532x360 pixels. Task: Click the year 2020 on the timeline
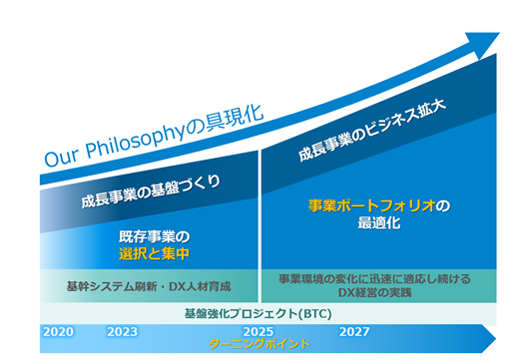point(58,332)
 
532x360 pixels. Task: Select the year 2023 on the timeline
point(122,332)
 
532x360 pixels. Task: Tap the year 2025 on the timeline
point(259,332)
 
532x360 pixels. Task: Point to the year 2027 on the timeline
point(354,332)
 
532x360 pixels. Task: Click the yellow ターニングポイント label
point(260,344)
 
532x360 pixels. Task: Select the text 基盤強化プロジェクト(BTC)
point(259,313)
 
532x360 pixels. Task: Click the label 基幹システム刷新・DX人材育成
point(149,287)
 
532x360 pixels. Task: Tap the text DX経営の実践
point(375,292)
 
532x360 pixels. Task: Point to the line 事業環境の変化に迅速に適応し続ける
point(375,279)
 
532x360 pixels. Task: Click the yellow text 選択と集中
point(155,254)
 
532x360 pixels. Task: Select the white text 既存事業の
point(155,237)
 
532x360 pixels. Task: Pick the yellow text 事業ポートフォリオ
point(372,205)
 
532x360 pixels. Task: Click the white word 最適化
point(379,223)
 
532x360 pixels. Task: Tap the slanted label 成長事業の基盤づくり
point(151,191)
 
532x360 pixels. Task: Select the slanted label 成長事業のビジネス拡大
point(372,131)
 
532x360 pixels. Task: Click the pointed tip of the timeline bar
point(496,339)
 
